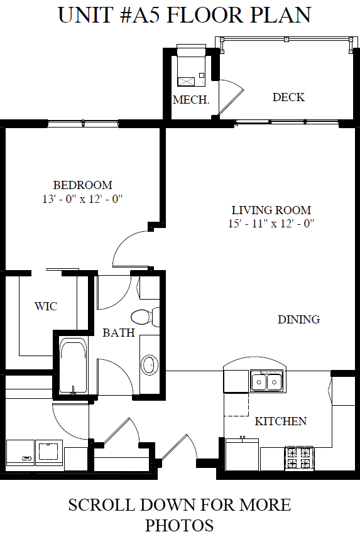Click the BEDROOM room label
82,185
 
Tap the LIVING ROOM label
271,210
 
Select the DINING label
299,320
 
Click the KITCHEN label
280,421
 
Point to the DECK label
288,97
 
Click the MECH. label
191,100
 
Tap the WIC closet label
46,307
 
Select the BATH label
119,333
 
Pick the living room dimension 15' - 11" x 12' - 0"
271,223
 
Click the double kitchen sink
266,381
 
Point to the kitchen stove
299,458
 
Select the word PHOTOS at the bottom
179,526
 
